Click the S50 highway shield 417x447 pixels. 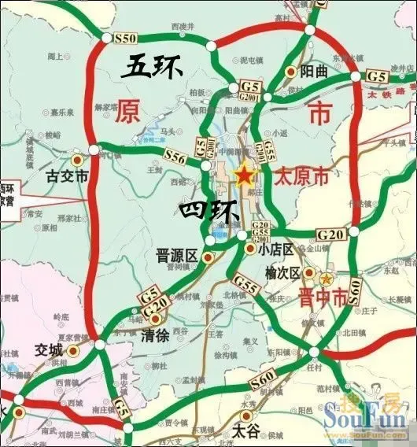[127, 38]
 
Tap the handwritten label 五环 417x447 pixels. [152, 68]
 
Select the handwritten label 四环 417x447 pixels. [204, 211]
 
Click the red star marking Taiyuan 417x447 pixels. [245, 175]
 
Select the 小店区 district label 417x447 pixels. [276, 249]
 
